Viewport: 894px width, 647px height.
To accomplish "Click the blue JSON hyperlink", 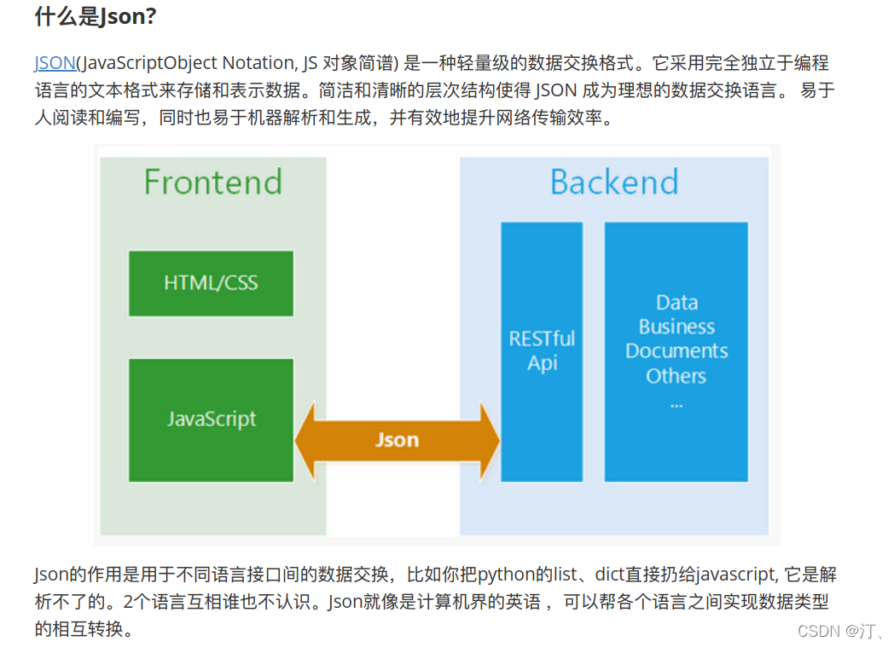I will coord(55,63).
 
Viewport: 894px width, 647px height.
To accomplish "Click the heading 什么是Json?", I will coord(96,16).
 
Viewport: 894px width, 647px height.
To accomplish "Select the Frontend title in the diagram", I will coord(212,182).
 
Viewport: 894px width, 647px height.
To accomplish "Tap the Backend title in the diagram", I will coord(614,182).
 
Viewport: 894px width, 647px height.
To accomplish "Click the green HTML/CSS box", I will coord(211,283).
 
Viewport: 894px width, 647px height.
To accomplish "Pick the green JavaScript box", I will coord(211,419).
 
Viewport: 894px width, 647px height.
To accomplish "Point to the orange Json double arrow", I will coord(398,440).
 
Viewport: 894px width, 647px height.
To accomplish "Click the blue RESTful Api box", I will coord(542,351).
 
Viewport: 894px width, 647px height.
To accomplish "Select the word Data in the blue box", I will coord(676,303).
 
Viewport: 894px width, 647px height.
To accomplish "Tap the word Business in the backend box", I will coord(676,326).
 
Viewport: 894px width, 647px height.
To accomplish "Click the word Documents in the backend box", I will coord(676,351).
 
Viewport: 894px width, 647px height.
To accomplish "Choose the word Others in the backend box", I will coord(676,376).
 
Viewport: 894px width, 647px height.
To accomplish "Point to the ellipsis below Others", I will coord(676,403).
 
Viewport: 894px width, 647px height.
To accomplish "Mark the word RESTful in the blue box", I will coord(542,339).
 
